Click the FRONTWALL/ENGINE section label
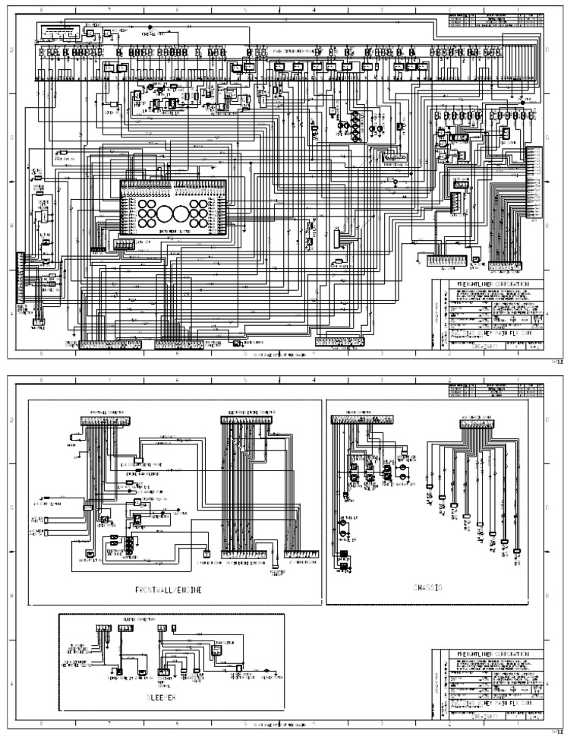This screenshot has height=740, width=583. (x=168, y=589)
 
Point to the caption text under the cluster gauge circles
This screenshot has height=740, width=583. (x=175, y=236)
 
